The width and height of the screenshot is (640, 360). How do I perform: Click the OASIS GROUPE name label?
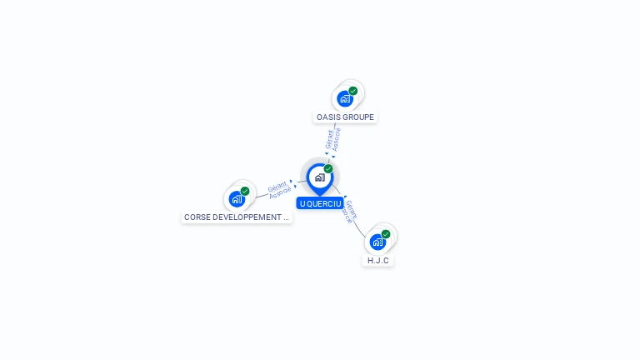(x=345, y=117)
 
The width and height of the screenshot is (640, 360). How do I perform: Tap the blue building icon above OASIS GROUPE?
(x=344, y=99)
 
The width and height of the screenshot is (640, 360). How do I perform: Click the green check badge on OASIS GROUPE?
(x=353, y=91)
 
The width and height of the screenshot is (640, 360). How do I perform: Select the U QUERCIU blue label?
(x=321, y=203)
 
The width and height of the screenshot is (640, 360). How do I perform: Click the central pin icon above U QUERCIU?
(x=319, y=177)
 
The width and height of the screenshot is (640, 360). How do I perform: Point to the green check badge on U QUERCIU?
(x=328, y=169)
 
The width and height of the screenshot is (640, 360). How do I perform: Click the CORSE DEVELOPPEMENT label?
(x=237, y=217)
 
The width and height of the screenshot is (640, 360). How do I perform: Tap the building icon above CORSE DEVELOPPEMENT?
(x=237, y=199)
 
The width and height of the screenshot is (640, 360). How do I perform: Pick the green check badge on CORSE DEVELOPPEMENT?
(x=245, y=191)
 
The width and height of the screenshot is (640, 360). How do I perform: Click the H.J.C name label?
(x=378, y=261)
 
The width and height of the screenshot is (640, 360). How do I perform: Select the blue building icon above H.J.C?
(x=377, y=242)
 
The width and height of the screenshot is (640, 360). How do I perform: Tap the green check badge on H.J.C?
(x=386, y=234)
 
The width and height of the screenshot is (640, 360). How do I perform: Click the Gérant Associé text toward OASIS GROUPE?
(x=333, y=139)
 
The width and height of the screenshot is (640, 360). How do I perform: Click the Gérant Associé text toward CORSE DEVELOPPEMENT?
(x=279, y=188)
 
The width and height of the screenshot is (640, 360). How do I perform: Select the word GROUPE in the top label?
(x=359, y=117)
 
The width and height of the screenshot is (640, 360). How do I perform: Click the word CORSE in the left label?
(x=197, y=217)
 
